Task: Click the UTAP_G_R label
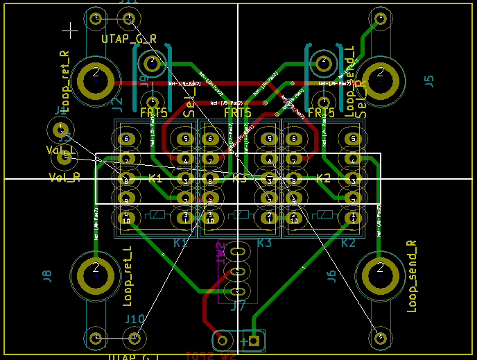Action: pyautogui.click(x=130, y=38)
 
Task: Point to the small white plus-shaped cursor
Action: pyautogui.click(x=70, y=30)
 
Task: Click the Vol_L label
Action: pyautogui.click(x=62, y=150)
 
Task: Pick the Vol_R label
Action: pyautogui.click(x=64, y=178)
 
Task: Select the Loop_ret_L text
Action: pyautogui.click(x=127, y=277)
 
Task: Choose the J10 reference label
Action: pyautogui.click(x=135, y=319)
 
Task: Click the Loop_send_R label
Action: pyautogui.click(x=412, y=276)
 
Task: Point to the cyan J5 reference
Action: pyautogui.click(x=428, y=80)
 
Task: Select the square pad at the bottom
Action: pyautogui.click(x=254, y=340)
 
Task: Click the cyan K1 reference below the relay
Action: pyautogui.click(x=180, y=243)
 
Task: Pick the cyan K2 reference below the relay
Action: pyautogui.click(x=348, y=243)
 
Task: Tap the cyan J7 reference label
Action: pyautogui.click(x=238, y=305)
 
